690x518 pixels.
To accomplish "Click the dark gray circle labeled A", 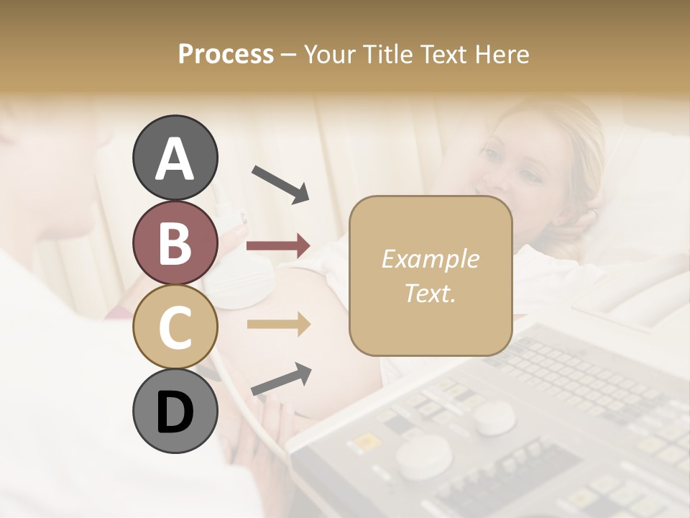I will (175, 158).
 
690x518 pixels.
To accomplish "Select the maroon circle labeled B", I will (175, 242).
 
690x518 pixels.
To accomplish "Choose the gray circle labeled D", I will (175, 411).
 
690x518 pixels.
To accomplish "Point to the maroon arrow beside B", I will (278, 246).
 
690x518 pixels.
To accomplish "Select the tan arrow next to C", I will (278, 324).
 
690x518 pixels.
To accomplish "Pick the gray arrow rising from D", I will (281, 378).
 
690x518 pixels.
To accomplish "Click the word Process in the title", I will (226, 54).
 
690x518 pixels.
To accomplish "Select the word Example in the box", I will (430, 259).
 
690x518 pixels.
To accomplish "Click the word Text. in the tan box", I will (430, 293).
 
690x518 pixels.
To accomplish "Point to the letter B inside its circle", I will (175, 242).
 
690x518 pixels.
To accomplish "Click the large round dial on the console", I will (425, 458).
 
